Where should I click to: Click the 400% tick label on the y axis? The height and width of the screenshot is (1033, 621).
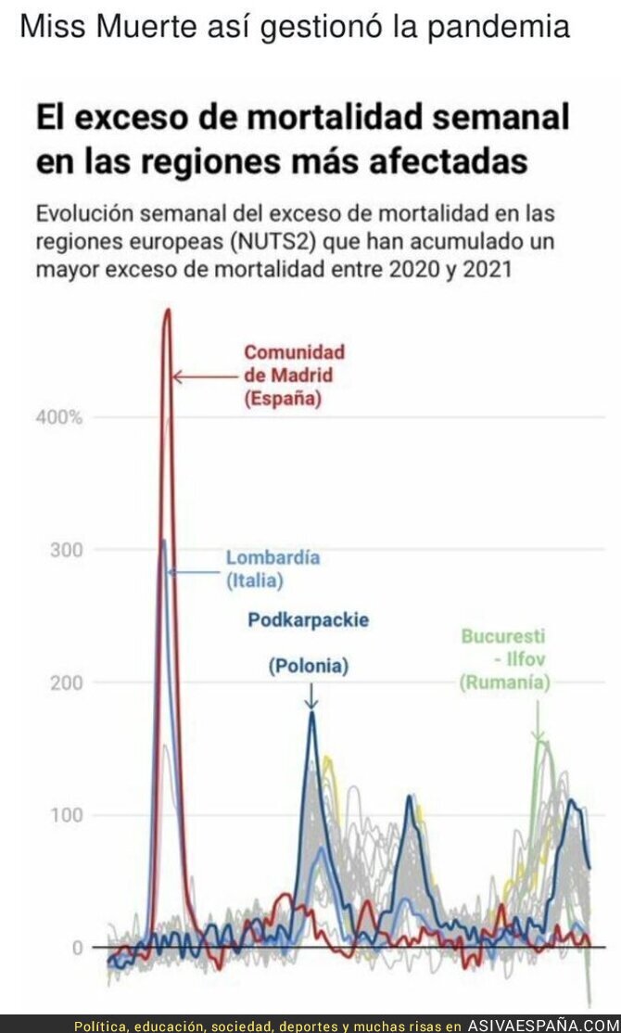59,417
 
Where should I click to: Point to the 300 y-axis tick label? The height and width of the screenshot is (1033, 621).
65,550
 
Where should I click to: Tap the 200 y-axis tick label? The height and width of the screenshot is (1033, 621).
65,682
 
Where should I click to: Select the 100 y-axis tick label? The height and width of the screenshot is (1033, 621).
65,815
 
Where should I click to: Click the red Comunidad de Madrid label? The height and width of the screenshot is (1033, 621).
294,376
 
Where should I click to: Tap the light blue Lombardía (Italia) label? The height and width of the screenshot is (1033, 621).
272,569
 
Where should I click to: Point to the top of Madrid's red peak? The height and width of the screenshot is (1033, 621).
168,311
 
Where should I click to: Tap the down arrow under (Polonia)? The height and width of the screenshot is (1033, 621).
310,695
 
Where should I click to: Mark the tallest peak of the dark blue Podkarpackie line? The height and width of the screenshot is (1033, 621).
311,712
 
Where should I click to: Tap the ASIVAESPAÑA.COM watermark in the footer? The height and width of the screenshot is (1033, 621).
541,1026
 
